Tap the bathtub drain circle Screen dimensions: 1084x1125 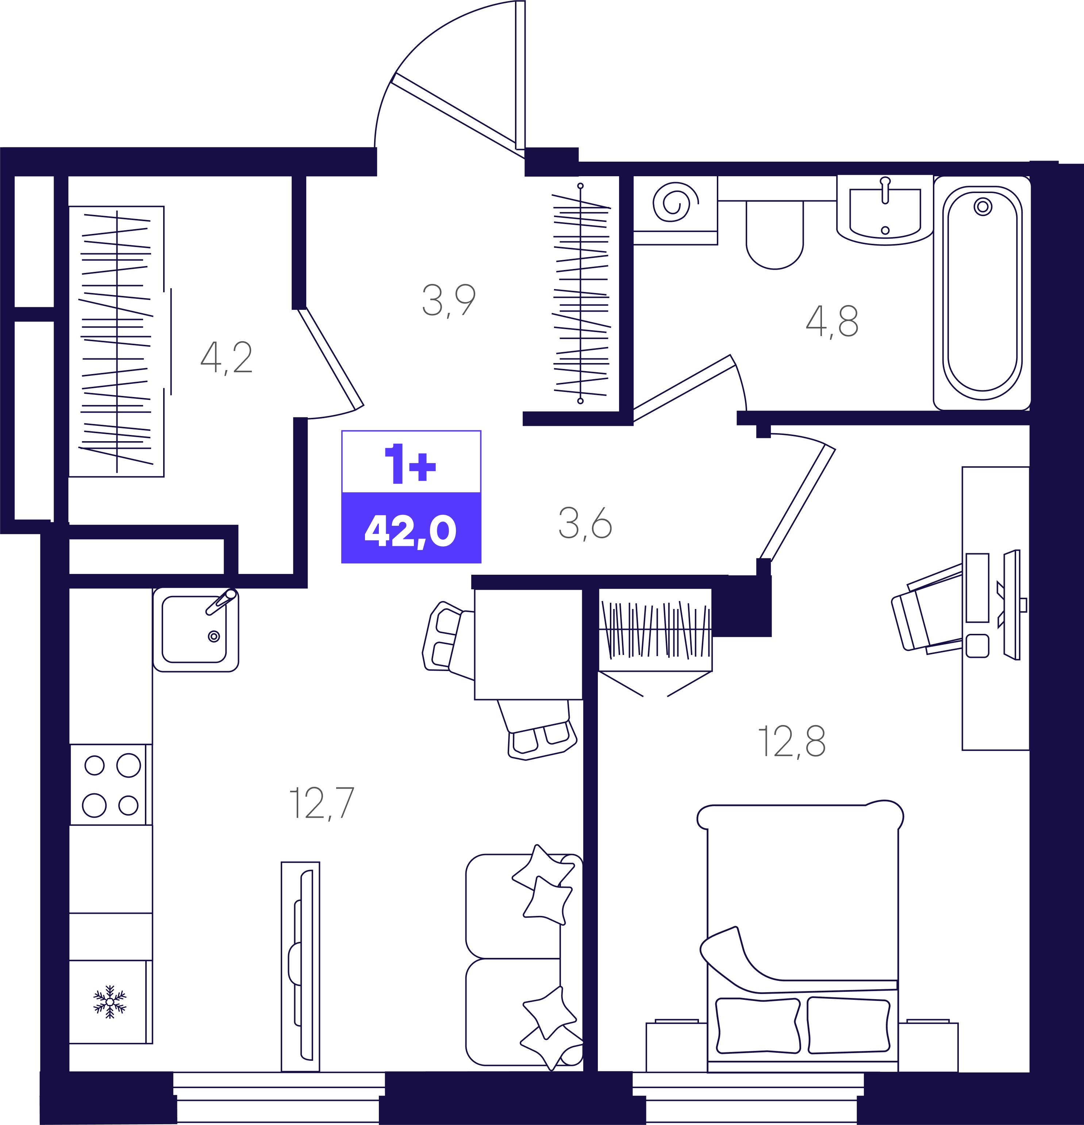coord(983,206)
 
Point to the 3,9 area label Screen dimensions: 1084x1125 coord(449,300)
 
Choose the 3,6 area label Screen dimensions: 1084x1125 coord(585,524)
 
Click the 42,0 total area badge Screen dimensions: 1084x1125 coord(411,528)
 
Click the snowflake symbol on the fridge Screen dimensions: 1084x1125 coord(109,1002)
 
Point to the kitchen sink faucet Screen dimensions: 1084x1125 coord(222,601)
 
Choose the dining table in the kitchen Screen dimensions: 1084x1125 coord(528,644)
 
